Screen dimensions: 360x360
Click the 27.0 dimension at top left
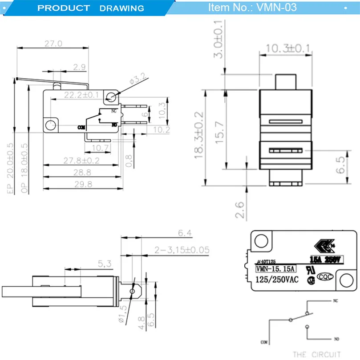(53, 44)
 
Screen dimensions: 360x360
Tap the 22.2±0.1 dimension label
(81, 95)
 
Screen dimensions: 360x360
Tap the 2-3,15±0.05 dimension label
(181, 250)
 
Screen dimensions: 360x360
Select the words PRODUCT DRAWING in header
(91, 8)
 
